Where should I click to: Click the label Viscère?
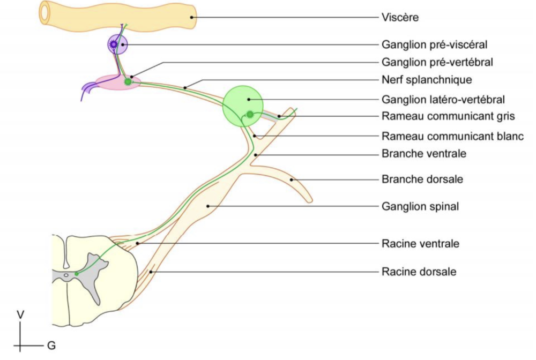click(x=400, y=18)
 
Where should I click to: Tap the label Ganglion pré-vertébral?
click(x=437, y=62)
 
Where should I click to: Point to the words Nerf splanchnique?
click(x=427, y=80)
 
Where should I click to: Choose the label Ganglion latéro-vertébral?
click(x=444, y=99)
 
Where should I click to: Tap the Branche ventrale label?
click(x=424, y=154)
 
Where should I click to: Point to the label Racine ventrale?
click(x=420, y=244)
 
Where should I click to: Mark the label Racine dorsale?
click(x=419, y=272)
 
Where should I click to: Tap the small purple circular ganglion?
click(x=116, y=45)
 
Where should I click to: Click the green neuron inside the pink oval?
click(x=128, y=81)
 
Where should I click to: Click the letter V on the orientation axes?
click(x=20, y=314)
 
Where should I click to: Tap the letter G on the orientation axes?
click(x=51, y=346)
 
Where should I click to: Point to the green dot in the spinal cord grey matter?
click(x=77, y=273)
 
